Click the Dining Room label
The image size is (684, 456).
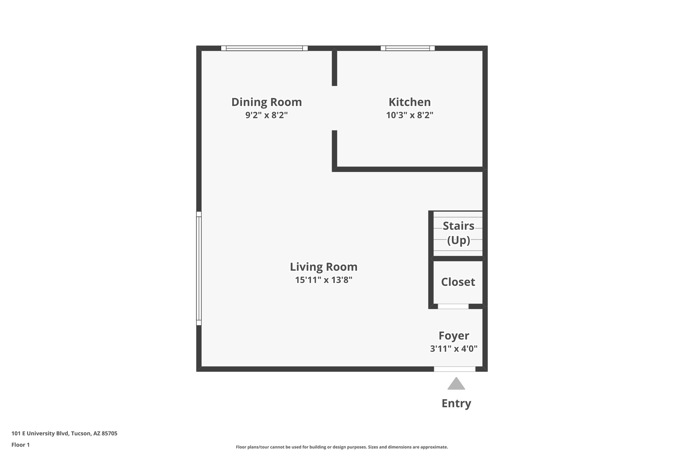(x=267, y=102)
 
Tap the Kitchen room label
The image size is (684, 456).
(x=409, y=102)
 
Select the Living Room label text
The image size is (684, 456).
(x=323, y=267)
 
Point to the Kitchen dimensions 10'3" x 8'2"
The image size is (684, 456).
(x=409, y=115)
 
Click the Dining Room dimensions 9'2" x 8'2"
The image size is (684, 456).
(x=267, y=115)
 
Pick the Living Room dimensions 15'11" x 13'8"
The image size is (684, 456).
(x=323, y=280)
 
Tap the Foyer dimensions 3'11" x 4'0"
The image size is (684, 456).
(x=454, y=349)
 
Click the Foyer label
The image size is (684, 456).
(x=454, y=335)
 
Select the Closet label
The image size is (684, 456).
(x=458, y=282)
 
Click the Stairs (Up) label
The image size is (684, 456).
(x=458, y=233)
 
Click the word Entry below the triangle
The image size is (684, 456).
(x=456, y=403)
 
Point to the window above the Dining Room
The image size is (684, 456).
(x=264, y=48)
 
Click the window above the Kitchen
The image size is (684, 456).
(x=407, y=48)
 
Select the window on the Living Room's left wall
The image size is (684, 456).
(x=199, y=268)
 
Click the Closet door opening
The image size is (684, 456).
(x=453, y=306)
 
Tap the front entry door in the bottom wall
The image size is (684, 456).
(x=454, y=369)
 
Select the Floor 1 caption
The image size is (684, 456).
(x=20, y=445)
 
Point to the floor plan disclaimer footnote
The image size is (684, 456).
(x=342, y=447)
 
